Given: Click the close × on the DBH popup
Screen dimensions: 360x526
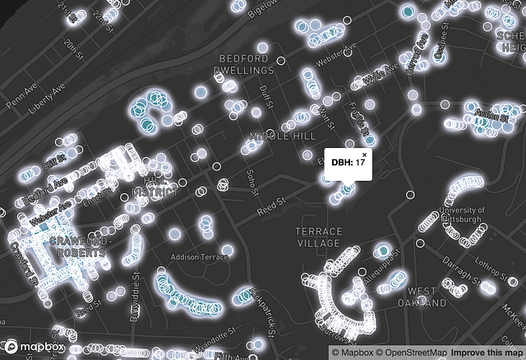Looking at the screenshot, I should [x=364, y=155].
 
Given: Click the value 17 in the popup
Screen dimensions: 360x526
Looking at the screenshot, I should [x=360, y=164].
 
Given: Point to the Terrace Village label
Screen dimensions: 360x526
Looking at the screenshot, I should [x=318, y=238].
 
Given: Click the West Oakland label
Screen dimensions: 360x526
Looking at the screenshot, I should [x=422, y=297].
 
